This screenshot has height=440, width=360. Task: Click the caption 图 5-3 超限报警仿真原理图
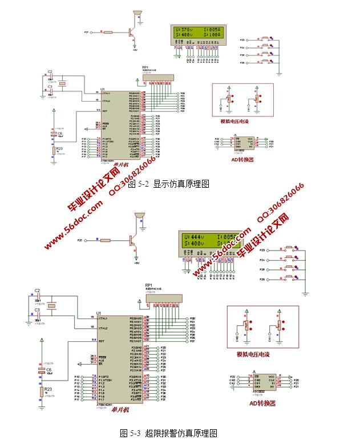click(168, 433)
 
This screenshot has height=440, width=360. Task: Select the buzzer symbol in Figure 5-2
click(136, 14)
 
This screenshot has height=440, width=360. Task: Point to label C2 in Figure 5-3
click(37, 291)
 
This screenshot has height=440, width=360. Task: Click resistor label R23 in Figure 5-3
click(48, 389)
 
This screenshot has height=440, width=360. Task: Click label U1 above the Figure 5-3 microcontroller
click(98, 313)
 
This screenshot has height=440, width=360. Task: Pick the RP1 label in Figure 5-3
click(148, 285)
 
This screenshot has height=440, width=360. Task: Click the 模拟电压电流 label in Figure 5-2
click(240, 122)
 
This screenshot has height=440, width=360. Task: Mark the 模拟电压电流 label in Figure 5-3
click(253, 355)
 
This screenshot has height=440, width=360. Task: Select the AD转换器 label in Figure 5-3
click(262, 402)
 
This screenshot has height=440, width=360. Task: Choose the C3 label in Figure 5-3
click(37, 310)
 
